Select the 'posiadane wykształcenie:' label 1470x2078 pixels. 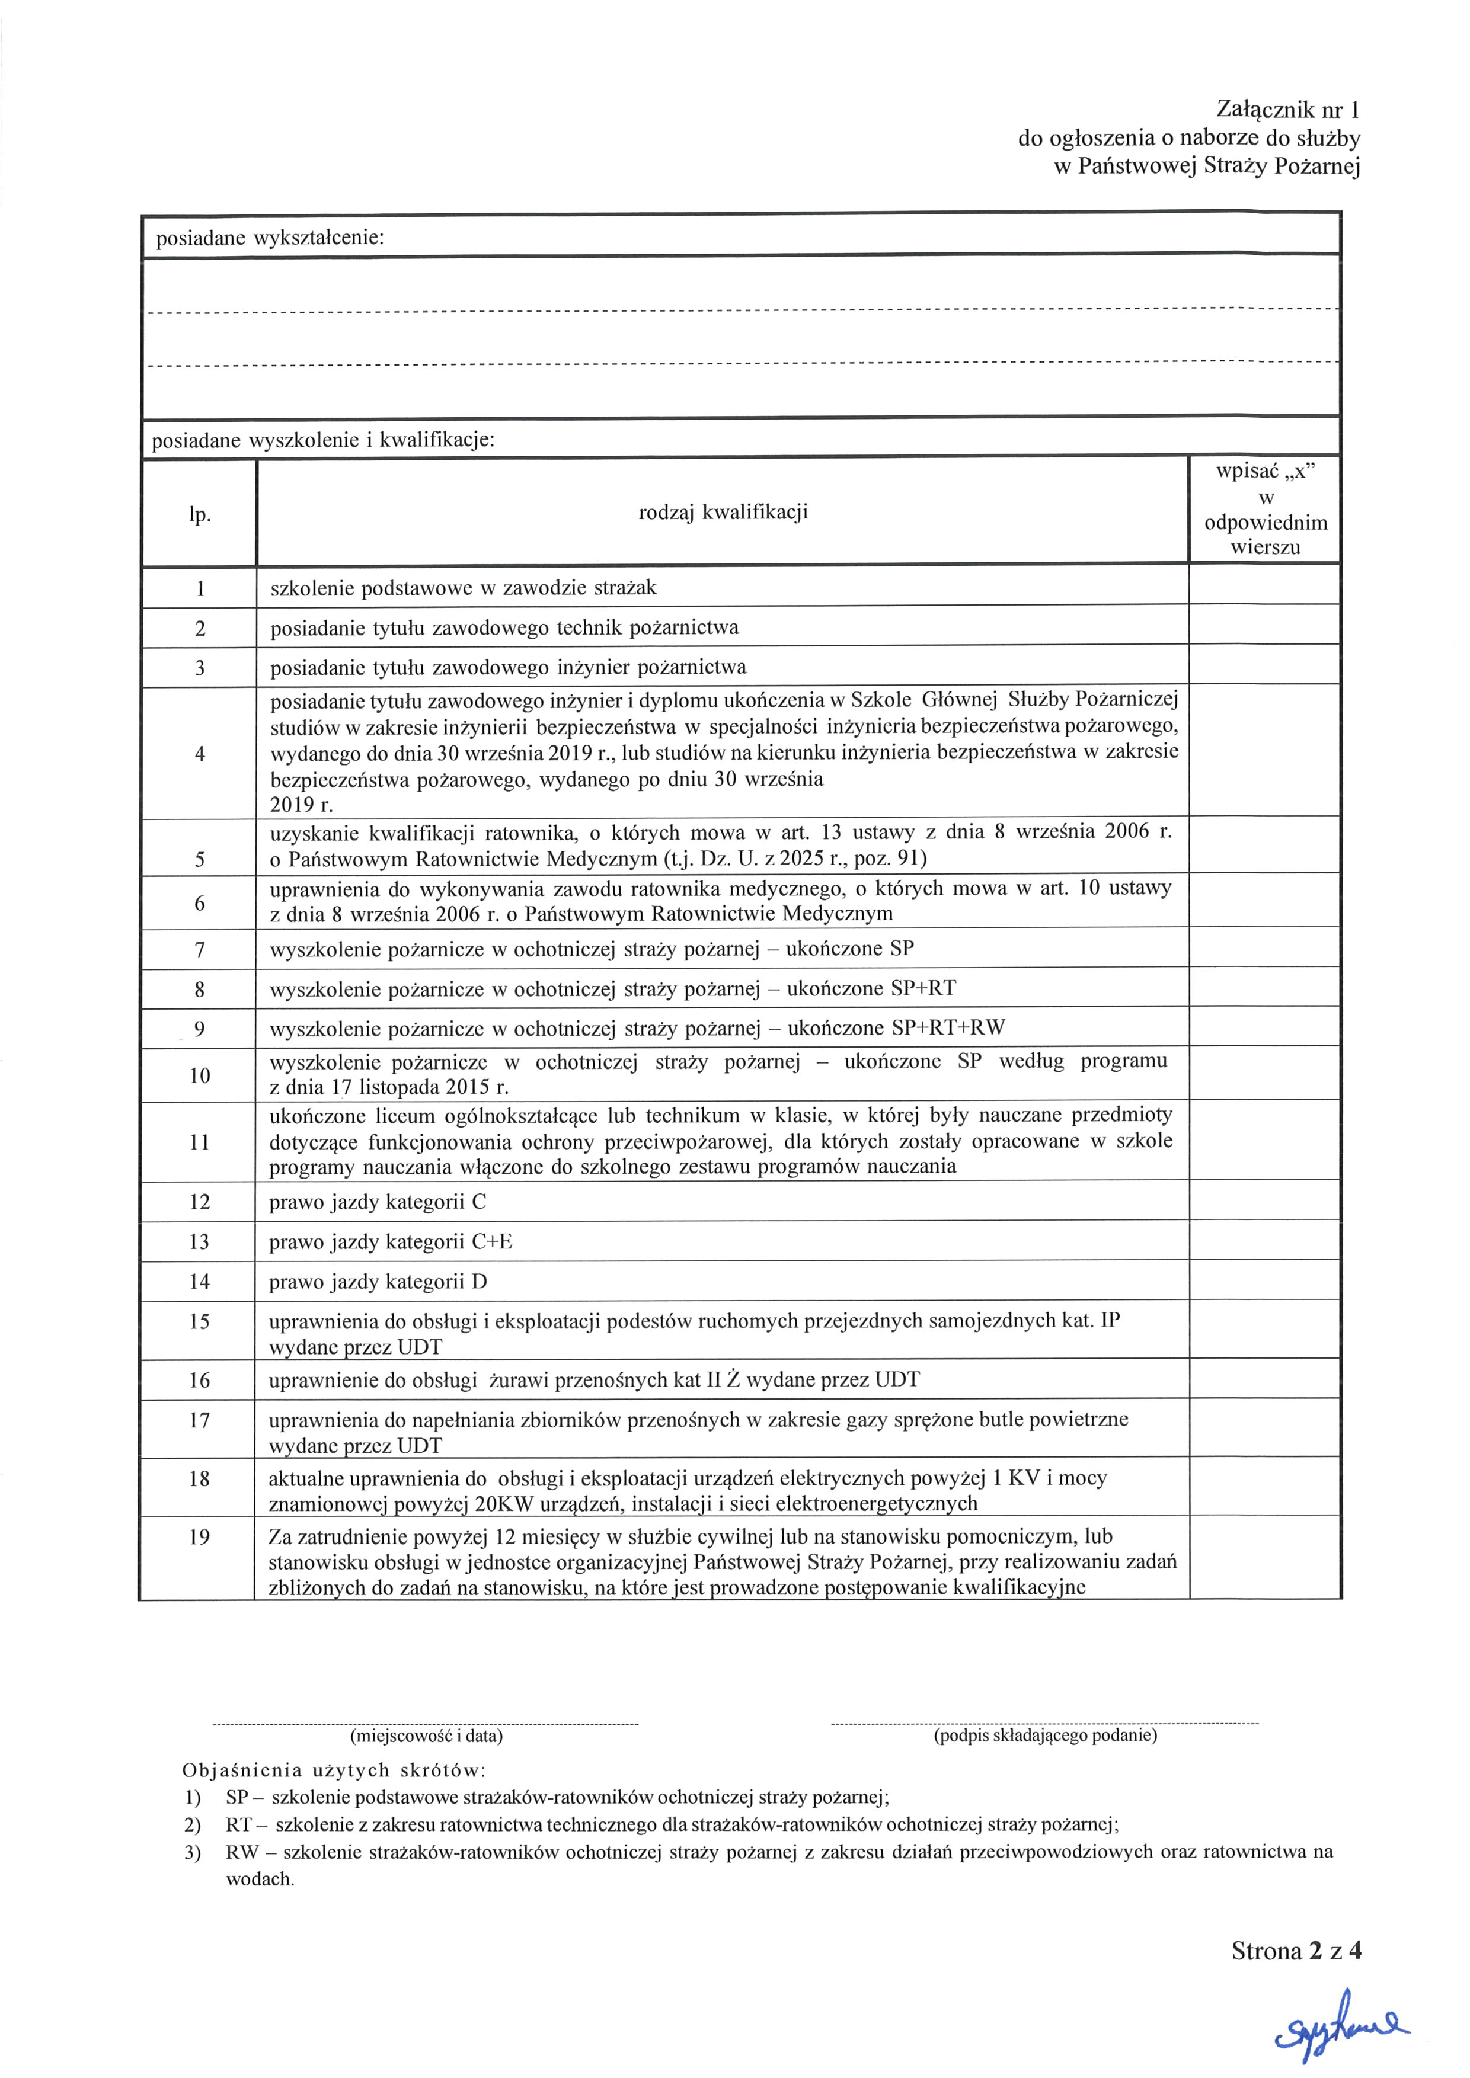tap(270, 238)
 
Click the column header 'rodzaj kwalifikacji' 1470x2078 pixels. tap(723, 513)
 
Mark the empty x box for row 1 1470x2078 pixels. tap(1264, 585)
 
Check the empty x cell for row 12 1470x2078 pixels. tap(1264, 1201)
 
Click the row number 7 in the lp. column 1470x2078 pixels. tap(199, 949)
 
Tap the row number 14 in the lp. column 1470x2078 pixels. tap(199, 1282)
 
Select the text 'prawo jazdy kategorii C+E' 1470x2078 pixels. tap(390, 1242)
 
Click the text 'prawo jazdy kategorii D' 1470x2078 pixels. tap(378, 1282)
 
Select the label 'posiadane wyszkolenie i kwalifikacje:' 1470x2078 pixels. tap(323, 441)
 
